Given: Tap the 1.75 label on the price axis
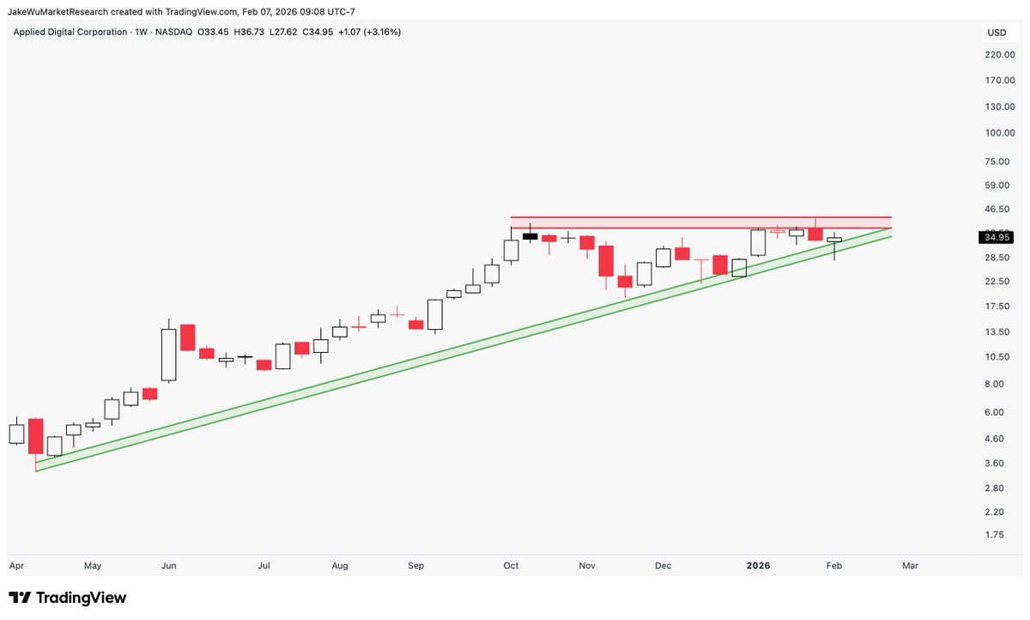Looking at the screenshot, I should coord(993,534).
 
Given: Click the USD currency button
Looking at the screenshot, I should coord(997,33).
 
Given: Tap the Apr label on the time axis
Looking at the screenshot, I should coord(16,566).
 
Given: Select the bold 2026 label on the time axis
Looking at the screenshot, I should coord(758,566).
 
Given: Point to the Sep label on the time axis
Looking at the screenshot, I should coord(416,566).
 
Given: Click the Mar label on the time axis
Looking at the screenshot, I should coord(910,566).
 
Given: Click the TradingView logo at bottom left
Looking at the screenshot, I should coord(68,598).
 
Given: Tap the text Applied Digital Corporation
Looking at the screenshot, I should coord(66,32).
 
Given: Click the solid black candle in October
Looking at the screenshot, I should coord(530,236).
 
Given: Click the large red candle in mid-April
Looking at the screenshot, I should coord(35,436).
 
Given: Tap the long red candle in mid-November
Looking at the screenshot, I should coord(606,261).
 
